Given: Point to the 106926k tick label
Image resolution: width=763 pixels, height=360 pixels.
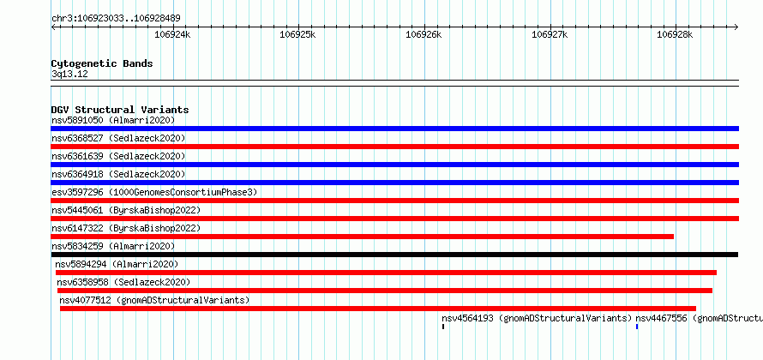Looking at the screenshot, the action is coord(424,34).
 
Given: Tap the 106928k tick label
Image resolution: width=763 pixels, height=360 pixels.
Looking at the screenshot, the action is coord(675,34).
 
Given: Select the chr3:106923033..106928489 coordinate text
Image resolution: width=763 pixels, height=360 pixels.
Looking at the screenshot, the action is coord(117,19).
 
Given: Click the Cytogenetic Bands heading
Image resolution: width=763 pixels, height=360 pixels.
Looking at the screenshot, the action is coord(102,63).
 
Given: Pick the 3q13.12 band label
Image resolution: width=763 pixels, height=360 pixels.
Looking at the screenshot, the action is coord(69,75).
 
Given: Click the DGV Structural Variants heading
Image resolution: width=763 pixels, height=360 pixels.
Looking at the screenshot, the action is coord(120,110).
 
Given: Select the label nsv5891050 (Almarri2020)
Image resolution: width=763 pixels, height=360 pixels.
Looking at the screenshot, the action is coord(113,120).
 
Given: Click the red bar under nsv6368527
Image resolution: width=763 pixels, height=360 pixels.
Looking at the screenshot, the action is coord(394,147).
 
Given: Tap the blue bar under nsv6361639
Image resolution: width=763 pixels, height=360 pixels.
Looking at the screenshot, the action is coord(394,165).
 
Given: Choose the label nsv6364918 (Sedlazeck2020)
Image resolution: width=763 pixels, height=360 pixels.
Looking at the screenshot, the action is coord(118,174).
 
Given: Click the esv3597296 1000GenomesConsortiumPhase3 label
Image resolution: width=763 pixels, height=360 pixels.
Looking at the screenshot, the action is coord(154,192).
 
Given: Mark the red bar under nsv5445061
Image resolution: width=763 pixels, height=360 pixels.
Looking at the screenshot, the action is coord(394,219).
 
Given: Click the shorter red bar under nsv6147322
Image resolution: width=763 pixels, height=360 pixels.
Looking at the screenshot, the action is coord(362,237).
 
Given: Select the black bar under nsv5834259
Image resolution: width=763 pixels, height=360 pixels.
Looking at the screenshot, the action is coord(394,255).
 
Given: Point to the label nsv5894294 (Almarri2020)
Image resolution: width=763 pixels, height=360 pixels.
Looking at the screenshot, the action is coord(117,264).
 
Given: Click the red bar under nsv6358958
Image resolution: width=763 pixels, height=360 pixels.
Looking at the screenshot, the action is coord(385,291).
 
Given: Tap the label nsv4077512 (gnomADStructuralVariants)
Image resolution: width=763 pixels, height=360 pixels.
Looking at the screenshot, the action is coord(154,300).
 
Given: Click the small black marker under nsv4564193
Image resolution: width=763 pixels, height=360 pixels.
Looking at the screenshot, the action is coord(443,327).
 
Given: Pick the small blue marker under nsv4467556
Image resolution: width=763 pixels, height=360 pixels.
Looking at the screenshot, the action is coord(637,327).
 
